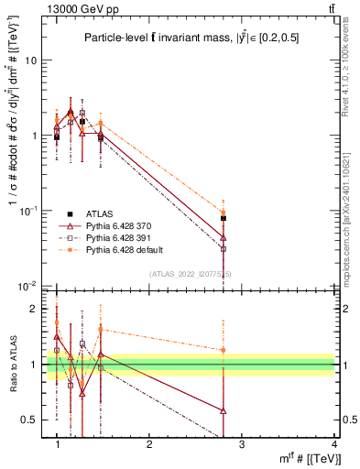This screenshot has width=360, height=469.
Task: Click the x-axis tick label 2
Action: pos(149,445)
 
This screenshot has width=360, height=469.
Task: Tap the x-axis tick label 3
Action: pos(242,445)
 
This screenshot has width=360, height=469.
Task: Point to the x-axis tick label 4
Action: pos(334,445)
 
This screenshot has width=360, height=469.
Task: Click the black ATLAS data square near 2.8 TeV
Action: pos(224,218)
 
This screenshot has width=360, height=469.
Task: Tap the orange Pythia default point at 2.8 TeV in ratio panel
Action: pos(224,350)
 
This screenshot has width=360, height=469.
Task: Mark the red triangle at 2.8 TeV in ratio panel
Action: pos(224,410)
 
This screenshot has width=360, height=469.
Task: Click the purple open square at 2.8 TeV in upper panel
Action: pos(224,248)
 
